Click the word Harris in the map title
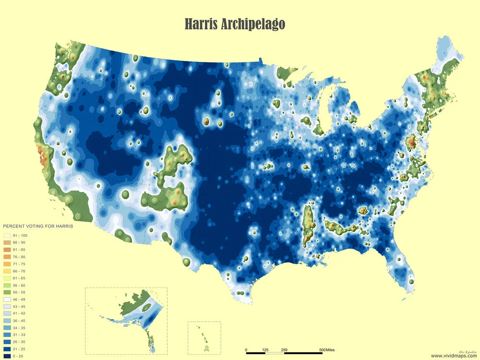pos(201,24)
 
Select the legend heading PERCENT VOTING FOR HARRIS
pos(38,226)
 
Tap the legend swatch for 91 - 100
pos(7,235)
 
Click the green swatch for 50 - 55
pos(7,292)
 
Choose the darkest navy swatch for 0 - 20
pos(7,356)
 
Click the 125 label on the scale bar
pos(265,350)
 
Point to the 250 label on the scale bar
pos(284,350)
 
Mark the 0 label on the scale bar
pos(246,350)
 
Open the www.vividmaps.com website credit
pos(454,356)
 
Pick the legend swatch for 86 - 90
pos(7,242)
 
